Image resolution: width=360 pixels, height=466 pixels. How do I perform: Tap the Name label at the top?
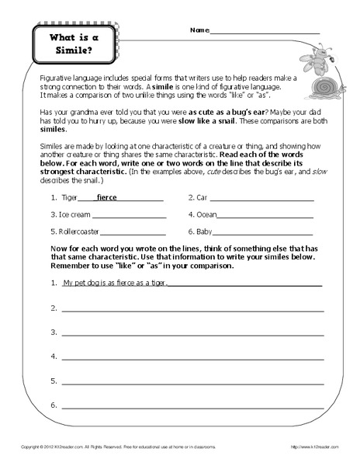pyautogui.click(x=198, y=30)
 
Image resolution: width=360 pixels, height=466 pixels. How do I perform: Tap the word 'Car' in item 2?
pyautogui.click(x=204, y=197)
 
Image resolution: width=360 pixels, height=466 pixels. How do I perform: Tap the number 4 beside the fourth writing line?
pyautogui.click(x=53, y=356)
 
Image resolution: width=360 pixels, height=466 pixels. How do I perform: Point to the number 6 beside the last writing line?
pyautogui.click(x=53, y=405)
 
